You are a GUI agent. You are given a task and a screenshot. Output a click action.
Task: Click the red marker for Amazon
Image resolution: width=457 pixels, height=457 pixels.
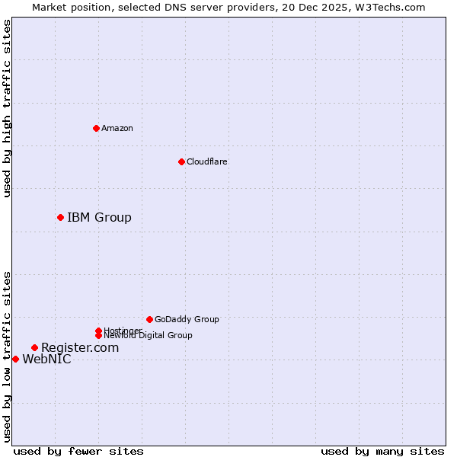click(x=96, y=128)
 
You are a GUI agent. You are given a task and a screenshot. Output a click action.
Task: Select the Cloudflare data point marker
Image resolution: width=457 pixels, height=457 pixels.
click(x=181, y=161)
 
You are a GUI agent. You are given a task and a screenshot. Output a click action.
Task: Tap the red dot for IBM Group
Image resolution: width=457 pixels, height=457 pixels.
click(x=60, y=217)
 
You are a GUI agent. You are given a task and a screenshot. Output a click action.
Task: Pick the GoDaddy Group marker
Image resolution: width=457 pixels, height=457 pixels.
click(x=149, y=319)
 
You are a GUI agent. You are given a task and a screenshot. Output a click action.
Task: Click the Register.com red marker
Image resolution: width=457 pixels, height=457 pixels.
click(x=34, y=347)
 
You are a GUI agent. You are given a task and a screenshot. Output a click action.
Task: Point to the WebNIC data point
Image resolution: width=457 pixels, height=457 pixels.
click(x=15, y=359)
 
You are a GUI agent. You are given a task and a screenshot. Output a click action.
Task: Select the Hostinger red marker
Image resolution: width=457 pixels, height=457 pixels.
click(x=98, y=331)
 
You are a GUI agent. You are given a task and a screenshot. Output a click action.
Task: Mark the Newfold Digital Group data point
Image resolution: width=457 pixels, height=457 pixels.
click(x=98, y=336)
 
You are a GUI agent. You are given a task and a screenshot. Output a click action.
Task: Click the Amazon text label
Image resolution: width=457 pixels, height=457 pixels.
click(x=117, y=128)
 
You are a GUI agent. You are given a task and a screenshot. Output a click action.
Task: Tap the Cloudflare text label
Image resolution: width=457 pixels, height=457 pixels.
click(x=206, y=161)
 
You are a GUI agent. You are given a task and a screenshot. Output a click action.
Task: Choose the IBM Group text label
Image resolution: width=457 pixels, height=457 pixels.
click(x=99, y=217)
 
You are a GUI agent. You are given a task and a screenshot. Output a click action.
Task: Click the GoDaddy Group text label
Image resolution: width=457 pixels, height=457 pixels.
click(x=187, y=319)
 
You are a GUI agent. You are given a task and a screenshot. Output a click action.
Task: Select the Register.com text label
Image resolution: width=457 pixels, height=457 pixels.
click(x=80, y=347)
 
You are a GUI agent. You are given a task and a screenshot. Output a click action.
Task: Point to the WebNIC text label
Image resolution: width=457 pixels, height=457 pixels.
click(x=46, y=360)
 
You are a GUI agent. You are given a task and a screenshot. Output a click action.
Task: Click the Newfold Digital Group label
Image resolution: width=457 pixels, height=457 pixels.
click(x=148, y=336)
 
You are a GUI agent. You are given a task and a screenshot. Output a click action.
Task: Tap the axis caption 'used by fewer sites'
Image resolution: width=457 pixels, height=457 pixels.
click(x=78, y=452)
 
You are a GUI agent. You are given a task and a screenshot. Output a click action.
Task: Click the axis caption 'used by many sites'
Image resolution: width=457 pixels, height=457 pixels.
click(x=382, y=452)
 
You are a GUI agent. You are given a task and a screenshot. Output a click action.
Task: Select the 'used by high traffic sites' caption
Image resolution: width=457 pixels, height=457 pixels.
click(x=7, y=108)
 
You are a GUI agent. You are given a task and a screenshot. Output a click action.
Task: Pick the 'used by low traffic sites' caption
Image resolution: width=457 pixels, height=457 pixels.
click(x=7, y=356)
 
